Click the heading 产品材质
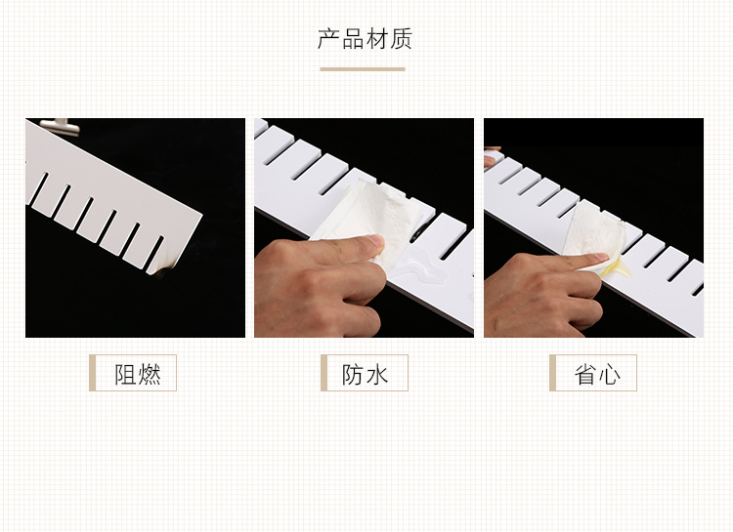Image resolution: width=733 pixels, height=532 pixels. pyautogui.click(x=365, y=40)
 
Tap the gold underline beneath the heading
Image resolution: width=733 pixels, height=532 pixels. pyautogui.click(x=363, y=69)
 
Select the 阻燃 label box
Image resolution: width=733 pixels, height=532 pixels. pyautogui.click(x=133, y=373)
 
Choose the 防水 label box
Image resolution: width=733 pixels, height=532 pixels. pyautogui.click(x=365, y=373)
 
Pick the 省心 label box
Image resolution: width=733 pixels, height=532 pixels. pyautogui.click(x=593, y=373)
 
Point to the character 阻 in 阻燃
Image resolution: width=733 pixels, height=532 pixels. pyautogui.click(x=126, y=374)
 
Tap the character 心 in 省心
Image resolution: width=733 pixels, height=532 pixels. pyautogui.click(x=608, y=374)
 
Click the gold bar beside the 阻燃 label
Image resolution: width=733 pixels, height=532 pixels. pyautogui.click(x=93, y=373)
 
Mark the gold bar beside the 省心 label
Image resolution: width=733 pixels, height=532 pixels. pyautogui.click(x=552, y=373)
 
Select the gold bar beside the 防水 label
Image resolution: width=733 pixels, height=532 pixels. pyautogui.click(x=323, y=373)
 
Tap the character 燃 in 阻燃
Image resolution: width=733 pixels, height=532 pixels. pyautogui.click(x=150, y=374)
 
